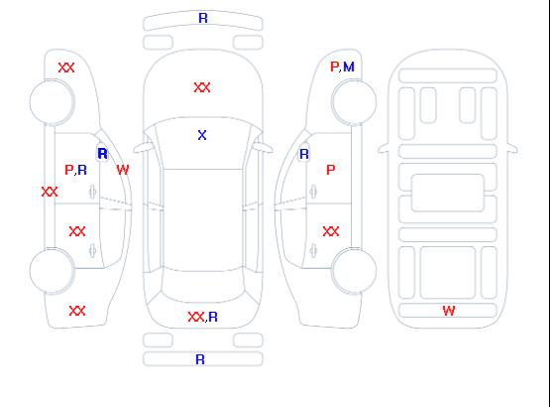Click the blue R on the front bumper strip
(203, 18)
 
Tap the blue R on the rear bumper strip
(200, 359)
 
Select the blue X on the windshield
(202, 135)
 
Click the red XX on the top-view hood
(202, 87)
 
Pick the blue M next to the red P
(349, 67)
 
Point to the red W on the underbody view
(449, 311)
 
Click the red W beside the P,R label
(123, 170)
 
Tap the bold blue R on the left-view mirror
(103, 154)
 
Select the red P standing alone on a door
(331, 170)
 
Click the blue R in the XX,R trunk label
(213, 317)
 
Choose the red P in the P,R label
(69, 170)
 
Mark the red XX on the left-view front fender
(66, 68)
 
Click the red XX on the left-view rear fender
(77, 311)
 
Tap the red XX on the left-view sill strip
(50, 192)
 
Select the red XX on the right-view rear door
(331, 231)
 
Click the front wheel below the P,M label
(354, 102)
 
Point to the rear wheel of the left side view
(52, 271)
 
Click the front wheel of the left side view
(52, 102)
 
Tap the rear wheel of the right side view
(354, 271)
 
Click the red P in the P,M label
(334, 67)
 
